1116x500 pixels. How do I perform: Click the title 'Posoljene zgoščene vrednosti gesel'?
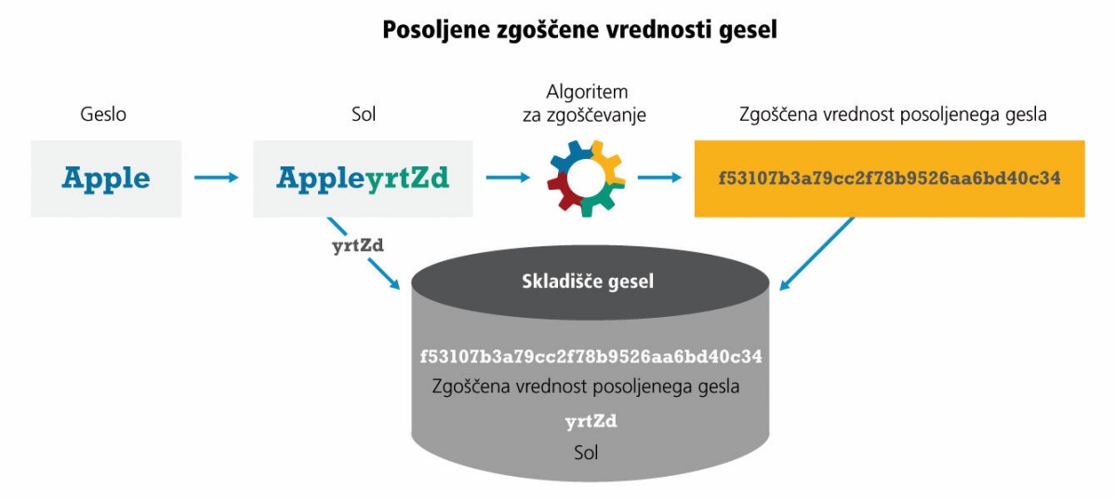click(x=579, y=30)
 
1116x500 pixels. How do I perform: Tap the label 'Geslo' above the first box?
click(x=103, y=114)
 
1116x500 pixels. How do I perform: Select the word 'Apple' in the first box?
click(x=106, y=178)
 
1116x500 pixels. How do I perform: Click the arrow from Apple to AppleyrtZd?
click(x=216, y=178)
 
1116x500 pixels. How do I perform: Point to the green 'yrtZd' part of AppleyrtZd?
click(x=407, y=178)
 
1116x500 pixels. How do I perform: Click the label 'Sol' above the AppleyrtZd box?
click(x=364, y=114)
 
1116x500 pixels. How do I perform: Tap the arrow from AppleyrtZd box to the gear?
click(x=508, y=178)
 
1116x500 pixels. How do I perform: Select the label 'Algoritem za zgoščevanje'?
click(x=584, y=103)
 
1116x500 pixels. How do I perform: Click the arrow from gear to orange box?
click(x=659, y=178)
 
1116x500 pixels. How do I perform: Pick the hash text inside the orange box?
click(x=889, y=178)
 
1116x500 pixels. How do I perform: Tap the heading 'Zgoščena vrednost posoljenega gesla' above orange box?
click(x=893, y=114)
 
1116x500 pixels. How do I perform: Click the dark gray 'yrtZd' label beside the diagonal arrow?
click(x=358, y=246)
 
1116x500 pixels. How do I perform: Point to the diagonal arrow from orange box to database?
click(x=817, y=253)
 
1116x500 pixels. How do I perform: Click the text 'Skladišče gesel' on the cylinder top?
click(x=588, y=282)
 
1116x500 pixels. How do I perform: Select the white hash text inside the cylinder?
click(x=591, y=357)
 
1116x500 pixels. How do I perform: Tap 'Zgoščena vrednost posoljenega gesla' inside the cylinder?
click(x=585, y=387)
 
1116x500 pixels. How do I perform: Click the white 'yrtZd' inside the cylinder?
click(x=591, y=422)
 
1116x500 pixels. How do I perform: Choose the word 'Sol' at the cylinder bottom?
click(x=586, y=453)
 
